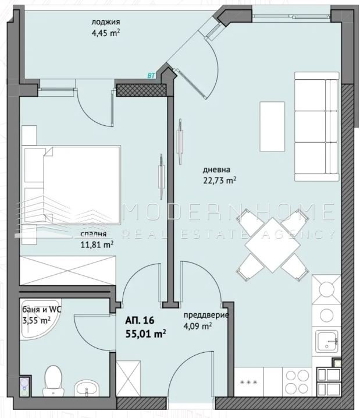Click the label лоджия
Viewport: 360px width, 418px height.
pos(106,22)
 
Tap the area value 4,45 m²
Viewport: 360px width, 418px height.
pos(106,34)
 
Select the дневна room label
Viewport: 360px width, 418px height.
pos(216,170)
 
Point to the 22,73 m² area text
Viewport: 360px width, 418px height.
pos(220,180)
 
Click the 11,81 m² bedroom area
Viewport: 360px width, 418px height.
pos(97,245)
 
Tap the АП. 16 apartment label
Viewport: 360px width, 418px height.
pos(140,320)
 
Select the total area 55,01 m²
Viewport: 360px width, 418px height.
pos(146,333)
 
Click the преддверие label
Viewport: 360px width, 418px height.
pos(206,315)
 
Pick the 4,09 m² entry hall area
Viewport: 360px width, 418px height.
pos(198,326)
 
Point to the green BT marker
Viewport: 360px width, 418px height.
pos(151,76)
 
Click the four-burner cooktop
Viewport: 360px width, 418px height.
pos(297,382)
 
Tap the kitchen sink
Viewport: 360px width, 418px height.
pos(327,342)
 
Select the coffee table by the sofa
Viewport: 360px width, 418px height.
pos(272,127)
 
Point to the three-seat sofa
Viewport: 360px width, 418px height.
pos(317,127)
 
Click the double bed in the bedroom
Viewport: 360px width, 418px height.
pos(72,185)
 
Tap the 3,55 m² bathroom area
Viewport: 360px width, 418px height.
pos(37,320)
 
